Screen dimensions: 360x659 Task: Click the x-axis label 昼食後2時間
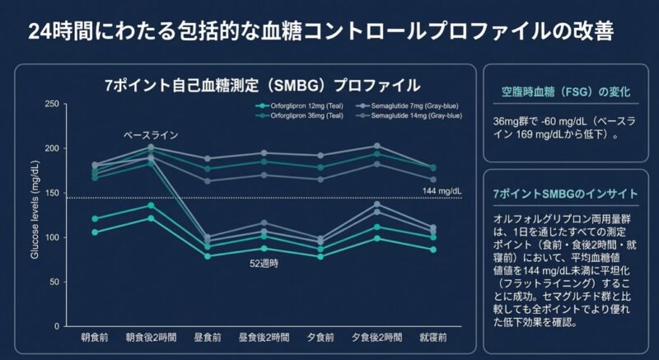(x=264, y=338)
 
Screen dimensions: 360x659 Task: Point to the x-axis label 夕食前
(x=320, y=338)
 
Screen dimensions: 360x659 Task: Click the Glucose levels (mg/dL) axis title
(x=35, y=216)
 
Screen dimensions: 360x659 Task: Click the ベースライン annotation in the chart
(x=151, y=134)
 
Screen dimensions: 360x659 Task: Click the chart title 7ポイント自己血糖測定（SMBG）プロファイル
(x=263, y=85)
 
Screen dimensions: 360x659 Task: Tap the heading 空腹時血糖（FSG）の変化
(x=566, y=91)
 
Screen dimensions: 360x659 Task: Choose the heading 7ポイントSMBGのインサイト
(x=564, y=194)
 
